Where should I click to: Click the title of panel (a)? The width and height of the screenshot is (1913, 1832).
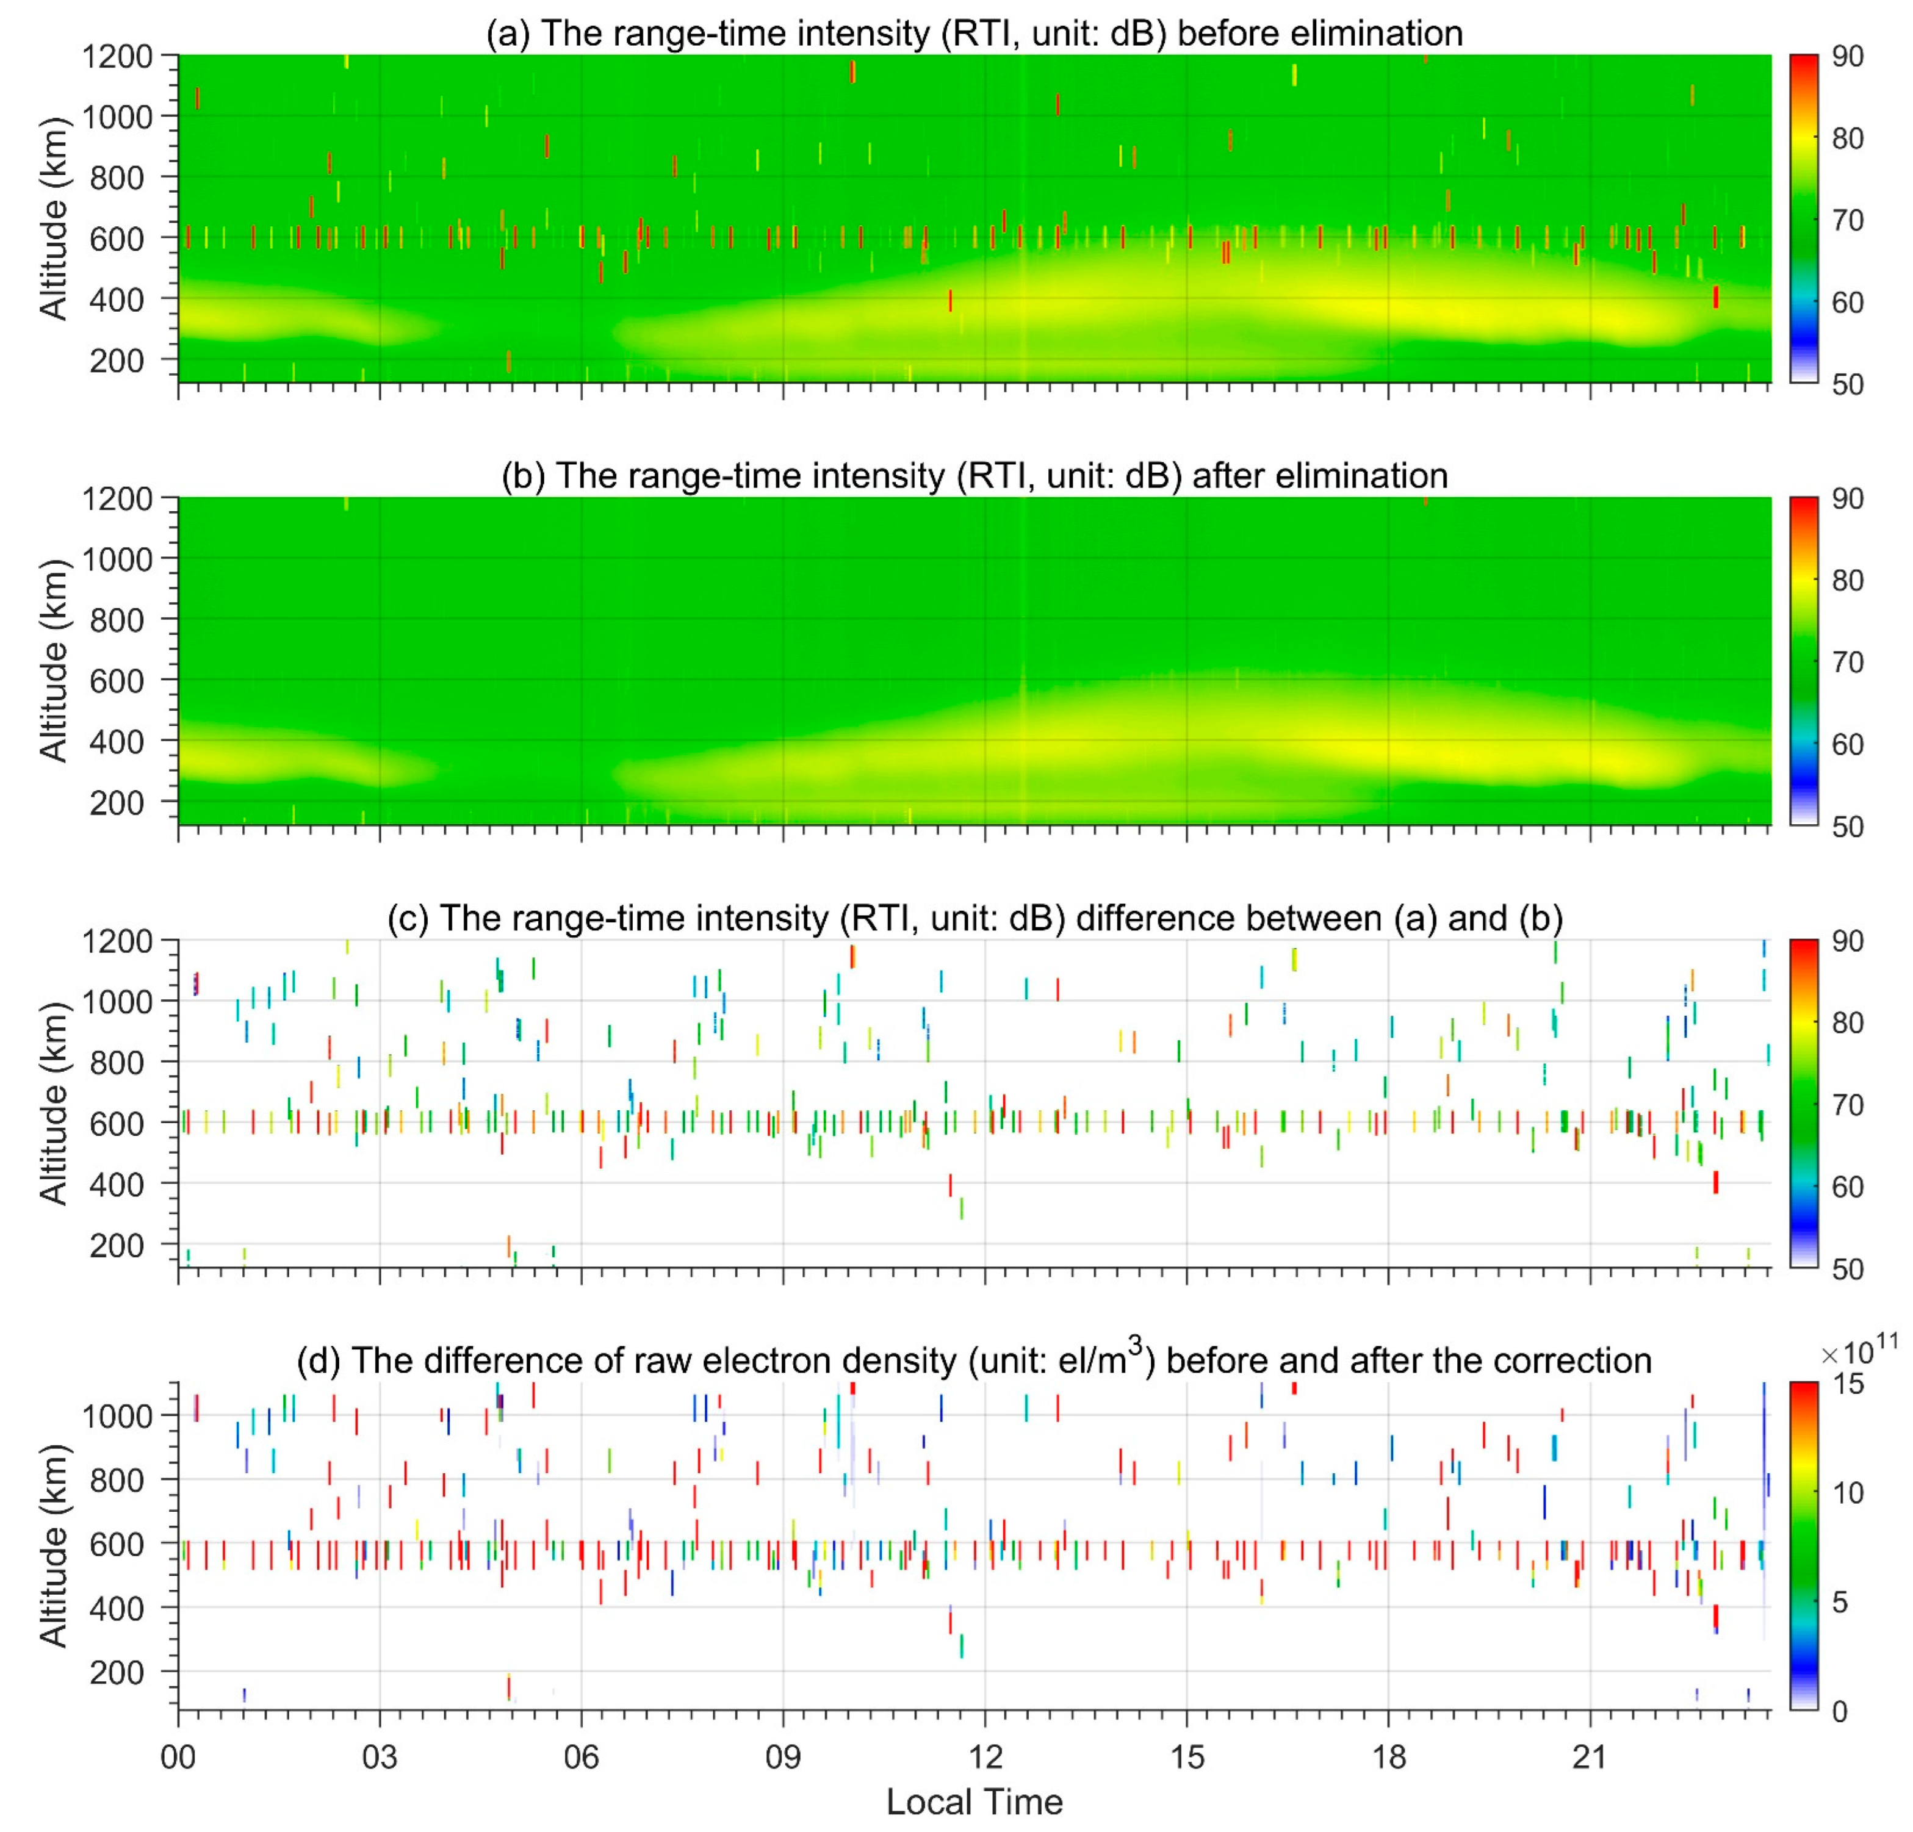click(974, 33)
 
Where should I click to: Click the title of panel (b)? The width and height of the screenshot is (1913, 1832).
click(974, 475)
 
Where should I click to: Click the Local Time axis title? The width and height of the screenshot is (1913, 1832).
click(974, 1801)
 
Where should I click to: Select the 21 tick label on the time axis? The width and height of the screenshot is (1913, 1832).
click(1590, 1757)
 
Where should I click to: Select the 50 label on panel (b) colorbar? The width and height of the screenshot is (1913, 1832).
click(1848, 827)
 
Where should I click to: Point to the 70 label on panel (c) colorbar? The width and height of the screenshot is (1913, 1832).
click(1848, 1105)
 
